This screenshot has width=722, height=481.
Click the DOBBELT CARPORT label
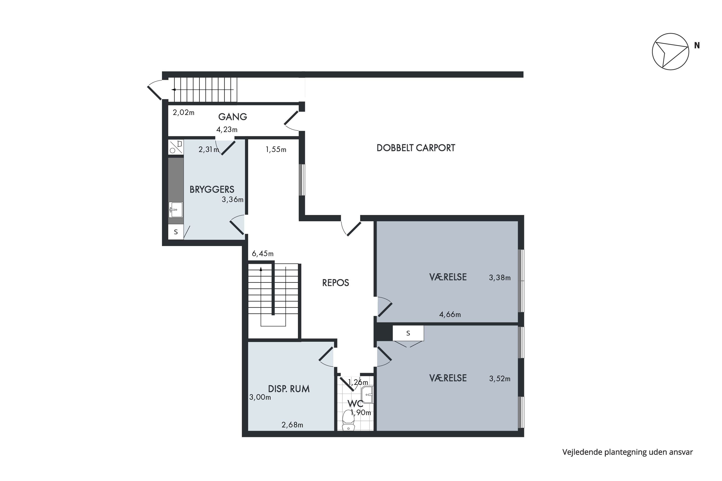[416, 148]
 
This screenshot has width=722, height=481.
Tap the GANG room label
[232, 117]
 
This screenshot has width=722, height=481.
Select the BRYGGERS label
[212, 190]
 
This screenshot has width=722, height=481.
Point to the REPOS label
[335, 283]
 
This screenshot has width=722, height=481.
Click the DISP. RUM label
[289, 389]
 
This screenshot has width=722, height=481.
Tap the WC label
[355, 403]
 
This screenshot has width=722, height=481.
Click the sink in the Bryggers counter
[176, 210]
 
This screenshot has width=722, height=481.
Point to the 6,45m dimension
[263, 254]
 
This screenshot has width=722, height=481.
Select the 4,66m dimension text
[450, 314]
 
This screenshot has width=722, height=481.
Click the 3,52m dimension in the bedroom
[500, 379]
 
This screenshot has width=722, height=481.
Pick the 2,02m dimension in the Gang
[184, 113]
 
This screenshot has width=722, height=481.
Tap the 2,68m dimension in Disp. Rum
[292, 425]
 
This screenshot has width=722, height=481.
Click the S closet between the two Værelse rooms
[408, 333]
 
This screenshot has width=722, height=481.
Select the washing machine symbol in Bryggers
[176, 147]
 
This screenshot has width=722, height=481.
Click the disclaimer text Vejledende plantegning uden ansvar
[627, 452]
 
